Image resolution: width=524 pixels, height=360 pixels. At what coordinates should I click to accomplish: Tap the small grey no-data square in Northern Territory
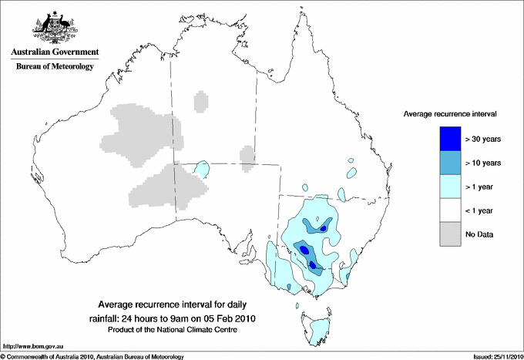(200, 100)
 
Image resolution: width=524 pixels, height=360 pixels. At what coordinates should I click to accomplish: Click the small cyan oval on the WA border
(202, 168)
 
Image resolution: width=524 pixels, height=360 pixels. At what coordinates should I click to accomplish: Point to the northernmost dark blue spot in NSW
(324, 228)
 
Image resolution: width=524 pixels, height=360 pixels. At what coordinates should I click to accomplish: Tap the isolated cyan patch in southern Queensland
(352, 173)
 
